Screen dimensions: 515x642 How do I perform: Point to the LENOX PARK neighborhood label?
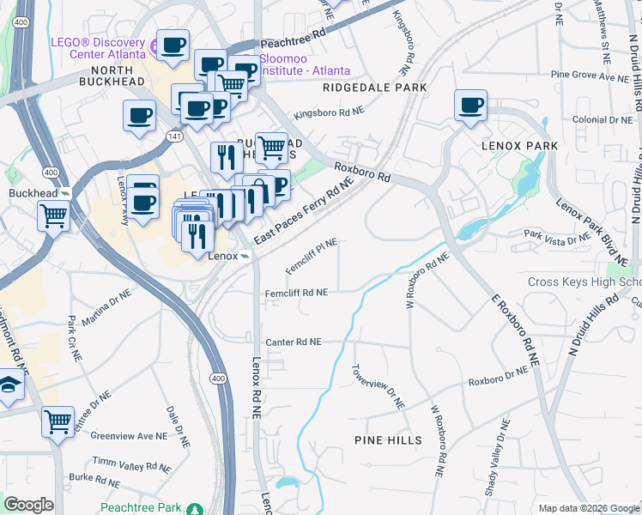click(x=519, y=146)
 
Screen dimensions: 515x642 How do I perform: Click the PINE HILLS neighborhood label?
click(x=388, y=440)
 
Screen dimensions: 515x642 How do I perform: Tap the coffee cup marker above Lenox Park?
click(x=470, y=106)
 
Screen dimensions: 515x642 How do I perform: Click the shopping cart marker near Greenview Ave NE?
click(x=58, y=421)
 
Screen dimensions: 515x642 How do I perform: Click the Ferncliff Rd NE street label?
click(x=296, y=293)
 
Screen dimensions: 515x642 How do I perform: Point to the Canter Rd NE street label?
click(x=294, y=342)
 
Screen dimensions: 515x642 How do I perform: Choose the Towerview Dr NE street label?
click(x=377, y=386)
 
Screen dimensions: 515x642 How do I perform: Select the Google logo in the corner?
click(x=28, y=505)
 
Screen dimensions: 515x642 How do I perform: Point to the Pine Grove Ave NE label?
click(x=590, y=77)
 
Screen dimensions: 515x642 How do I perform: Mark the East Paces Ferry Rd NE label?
click(x=304, y=210)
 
